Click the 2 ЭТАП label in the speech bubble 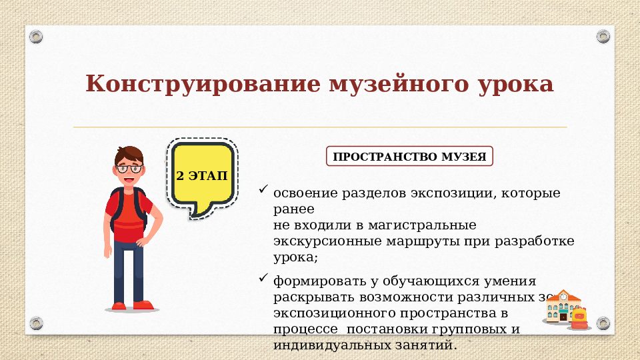click(x=201, y=177)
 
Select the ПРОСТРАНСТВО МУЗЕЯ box click(x=409, y=157)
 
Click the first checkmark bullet click(x=263, y=191)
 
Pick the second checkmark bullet click(x=263, y=277)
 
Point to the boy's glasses click(x=129, y=169)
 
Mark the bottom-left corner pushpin click(x=36, y=323)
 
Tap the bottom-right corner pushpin click(x=603, y=323)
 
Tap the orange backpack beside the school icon click(x=579, y=318)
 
